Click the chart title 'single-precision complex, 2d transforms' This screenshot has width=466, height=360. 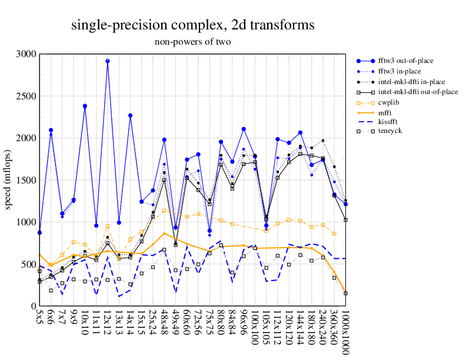click(x=193, y=25)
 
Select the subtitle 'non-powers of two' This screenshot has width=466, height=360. click(x=193, y=42)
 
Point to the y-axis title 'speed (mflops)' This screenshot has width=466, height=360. click(x=10, y=179)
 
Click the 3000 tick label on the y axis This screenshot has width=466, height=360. click(x=26, y=54)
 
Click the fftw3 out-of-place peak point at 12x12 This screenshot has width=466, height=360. click(x=108, y=61)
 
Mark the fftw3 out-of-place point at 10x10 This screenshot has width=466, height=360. click(x=85, y=106)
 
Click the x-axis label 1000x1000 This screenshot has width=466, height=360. click(x=345, y=332)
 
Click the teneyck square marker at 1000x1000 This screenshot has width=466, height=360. click(x=345, y=293)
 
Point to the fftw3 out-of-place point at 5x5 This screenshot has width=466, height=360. click(x=39, y=232)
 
